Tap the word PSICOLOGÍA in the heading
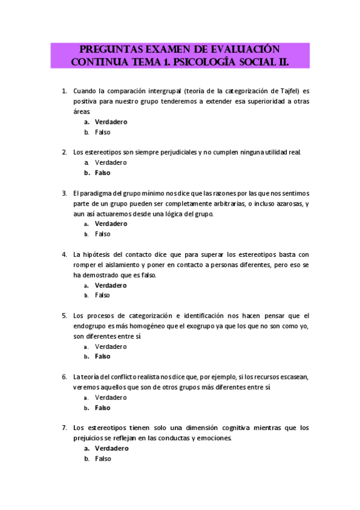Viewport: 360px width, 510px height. [222, 62]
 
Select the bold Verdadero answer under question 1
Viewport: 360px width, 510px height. [111, 122]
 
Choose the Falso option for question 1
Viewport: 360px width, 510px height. [103, 132]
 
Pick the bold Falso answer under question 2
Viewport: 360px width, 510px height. [103, 173]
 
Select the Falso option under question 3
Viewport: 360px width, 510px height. [103, 234]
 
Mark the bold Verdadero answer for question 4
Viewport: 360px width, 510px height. [111, 285]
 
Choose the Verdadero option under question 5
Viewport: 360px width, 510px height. [111, 346]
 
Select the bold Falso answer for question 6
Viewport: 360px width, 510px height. [103, 408]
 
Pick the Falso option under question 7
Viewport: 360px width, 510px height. [103, 458]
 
